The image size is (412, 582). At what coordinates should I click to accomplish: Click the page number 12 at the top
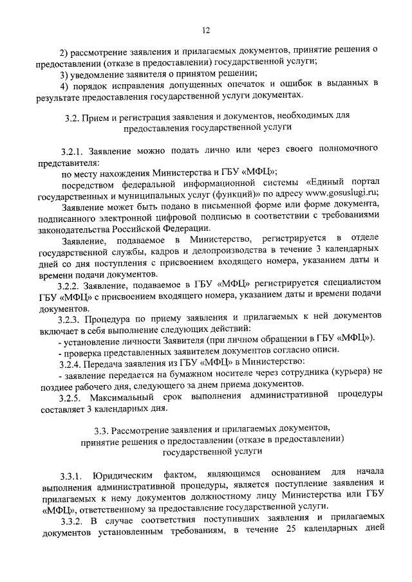tap(206, 30)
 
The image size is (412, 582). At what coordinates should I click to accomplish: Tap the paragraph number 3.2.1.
tap(71, 150)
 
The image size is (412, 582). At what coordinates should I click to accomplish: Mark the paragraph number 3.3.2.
tap(71, 518)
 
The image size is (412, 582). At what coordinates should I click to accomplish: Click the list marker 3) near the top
tap(63, 73)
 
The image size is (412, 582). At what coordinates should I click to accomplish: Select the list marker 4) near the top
tap(63, 84)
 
